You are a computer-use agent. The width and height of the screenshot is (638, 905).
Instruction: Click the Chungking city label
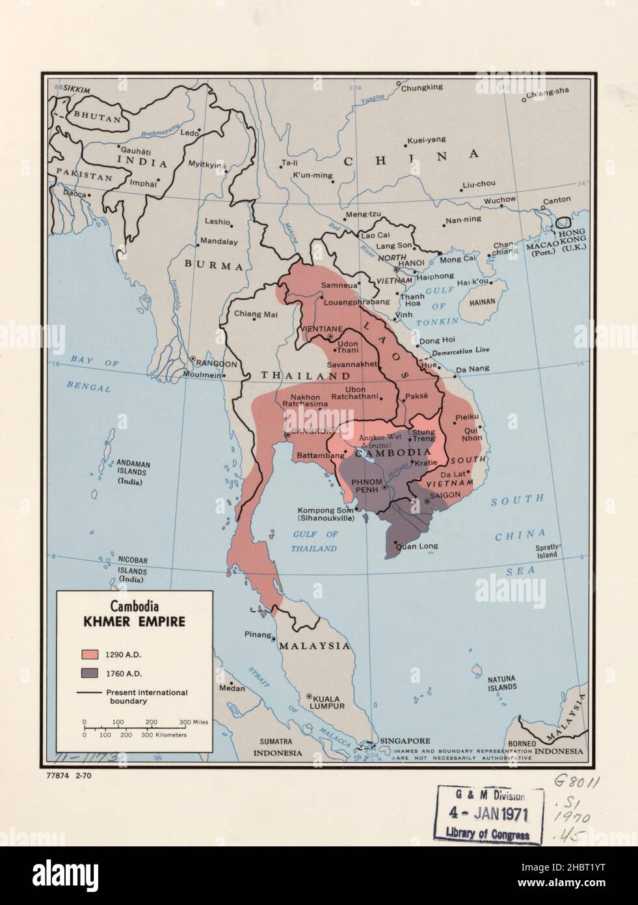click(x=421, y=87)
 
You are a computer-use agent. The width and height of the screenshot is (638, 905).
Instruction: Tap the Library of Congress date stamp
click(x=488, y=814)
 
